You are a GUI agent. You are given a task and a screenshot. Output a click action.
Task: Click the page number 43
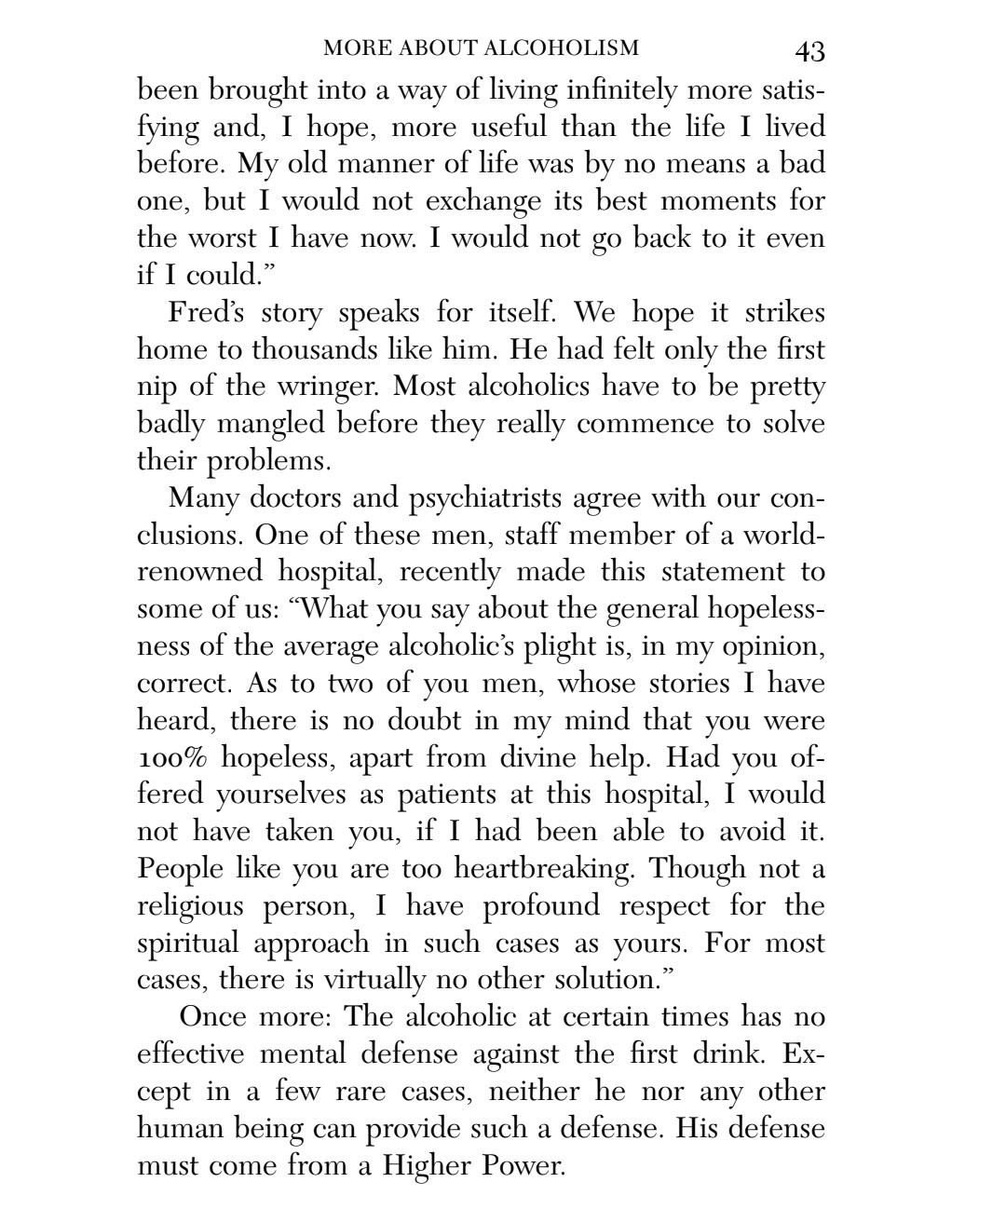(810, 50)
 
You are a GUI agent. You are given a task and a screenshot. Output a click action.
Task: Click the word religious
(190, 906)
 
